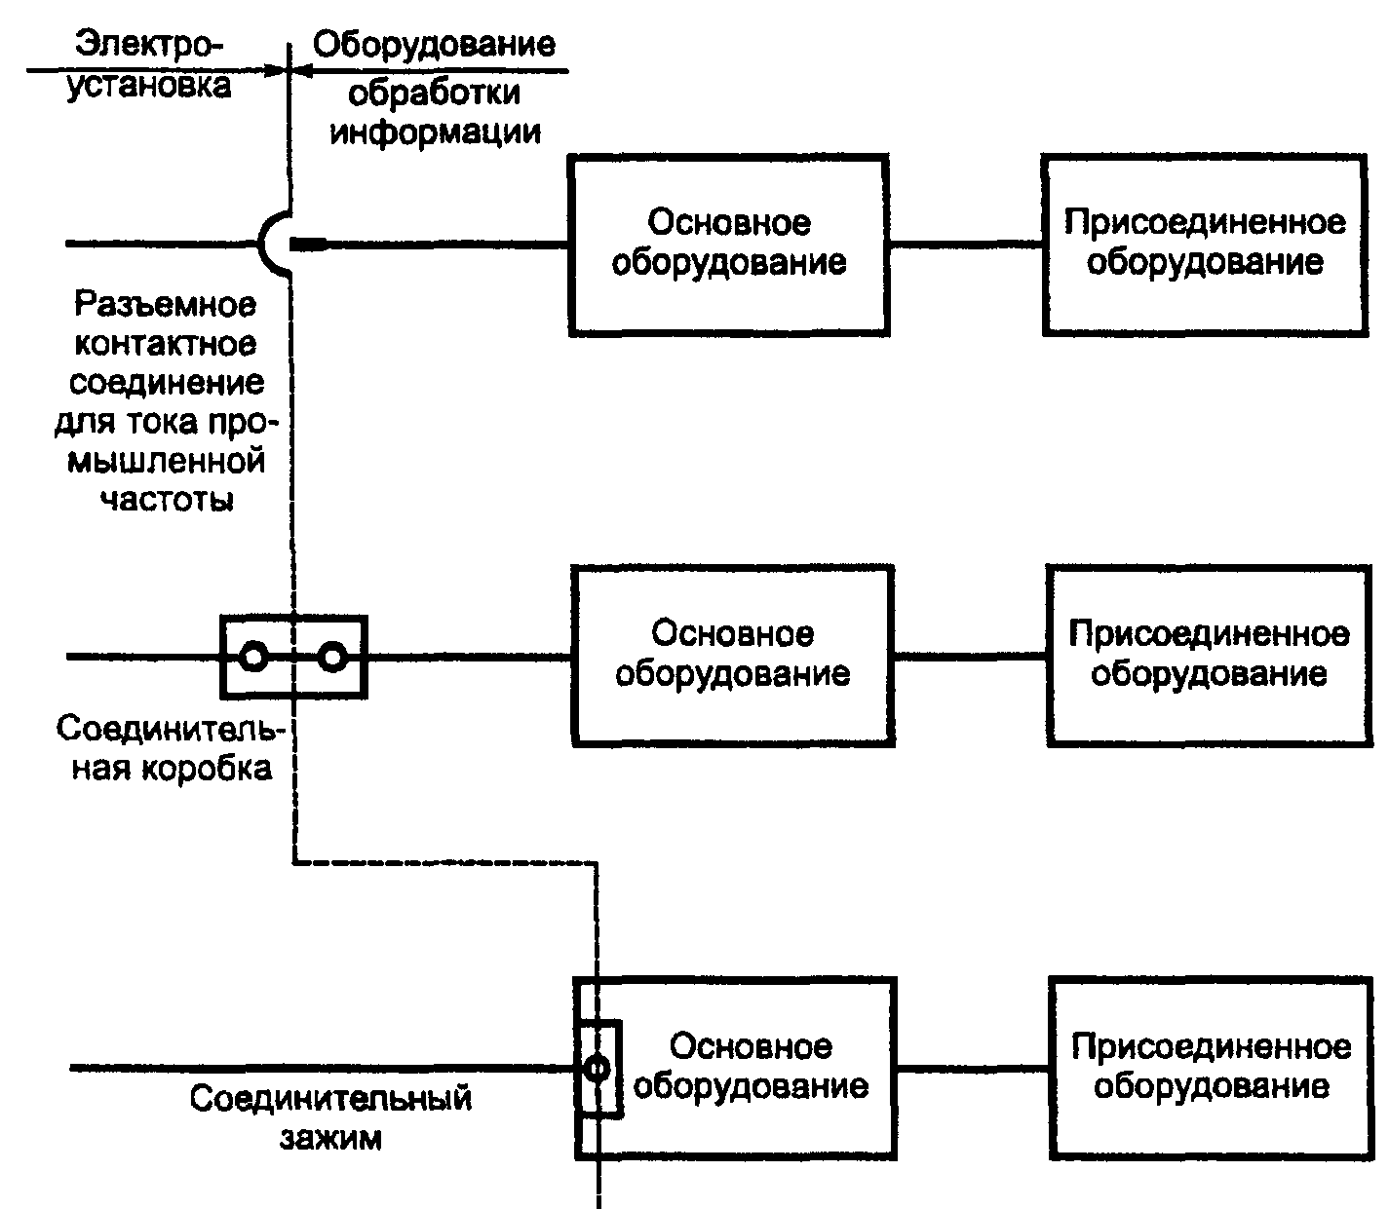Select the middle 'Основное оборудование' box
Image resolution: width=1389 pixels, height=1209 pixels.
point(732,655)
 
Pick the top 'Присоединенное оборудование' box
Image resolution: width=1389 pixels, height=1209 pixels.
point(1203,244)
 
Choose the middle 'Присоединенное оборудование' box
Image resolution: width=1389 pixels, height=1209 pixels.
point(1208,655)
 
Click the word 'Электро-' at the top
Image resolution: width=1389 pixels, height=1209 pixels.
point(150,45)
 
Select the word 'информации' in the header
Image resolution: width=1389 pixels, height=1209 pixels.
point(435,131)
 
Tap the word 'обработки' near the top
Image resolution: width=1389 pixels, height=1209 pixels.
point(435,93)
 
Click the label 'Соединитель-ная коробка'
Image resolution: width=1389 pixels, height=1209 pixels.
point(164,748)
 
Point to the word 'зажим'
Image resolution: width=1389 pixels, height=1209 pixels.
point(331,1137)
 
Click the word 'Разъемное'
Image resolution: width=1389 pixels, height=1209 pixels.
point(166,305)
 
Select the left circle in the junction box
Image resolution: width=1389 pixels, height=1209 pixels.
point(253,657)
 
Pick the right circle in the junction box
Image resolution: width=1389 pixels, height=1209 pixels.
point(333,657)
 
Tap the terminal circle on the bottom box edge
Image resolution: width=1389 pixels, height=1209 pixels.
point(597,1069)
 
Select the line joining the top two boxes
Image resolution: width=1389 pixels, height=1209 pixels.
point(965,244)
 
